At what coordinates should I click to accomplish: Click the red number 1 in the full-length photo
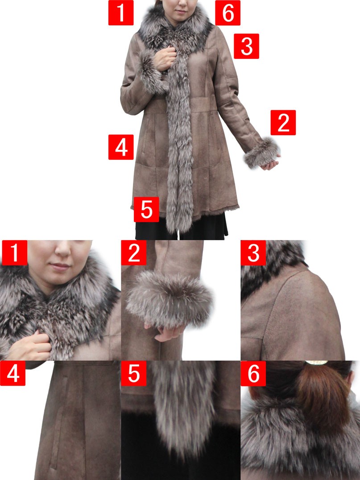pyautogui.click(x=121, y=12)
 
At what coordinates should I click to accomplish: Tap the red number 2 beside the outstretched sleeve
pyautogui.click(x=283, y=122)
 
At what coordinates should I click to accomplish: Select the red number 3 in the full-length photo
pyautogui.click(x=246, y=46)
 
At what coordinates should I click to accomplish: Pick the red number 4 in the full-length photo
pyautogui.click(x=121, y=147)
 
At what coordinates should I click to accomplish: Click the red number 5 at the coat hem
pyautogui.click(x=146, y=209)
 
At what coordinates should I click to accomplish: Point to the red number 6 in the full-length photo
pyautogui.click(x=228, y=12)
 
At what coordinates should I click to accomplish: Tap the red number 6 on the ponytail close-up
pyautogui.click(x=253, y=373)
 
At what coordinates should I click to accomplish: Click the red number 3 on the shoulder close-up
pyautogui.click(x=253, y=253)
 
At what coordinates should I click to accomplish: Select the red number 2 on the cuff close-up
pyautogui.click(x=134, y=253)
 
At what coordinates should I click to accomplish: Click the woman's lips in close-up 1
pyautogui.click(x=60, y=266)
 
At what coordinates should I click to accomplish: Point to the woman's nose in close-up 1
pyautogui.click(x=63, y=250)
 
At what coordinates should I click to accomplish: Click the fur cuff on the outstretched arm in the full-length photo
pyautogui.click(x=262, y=153)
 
